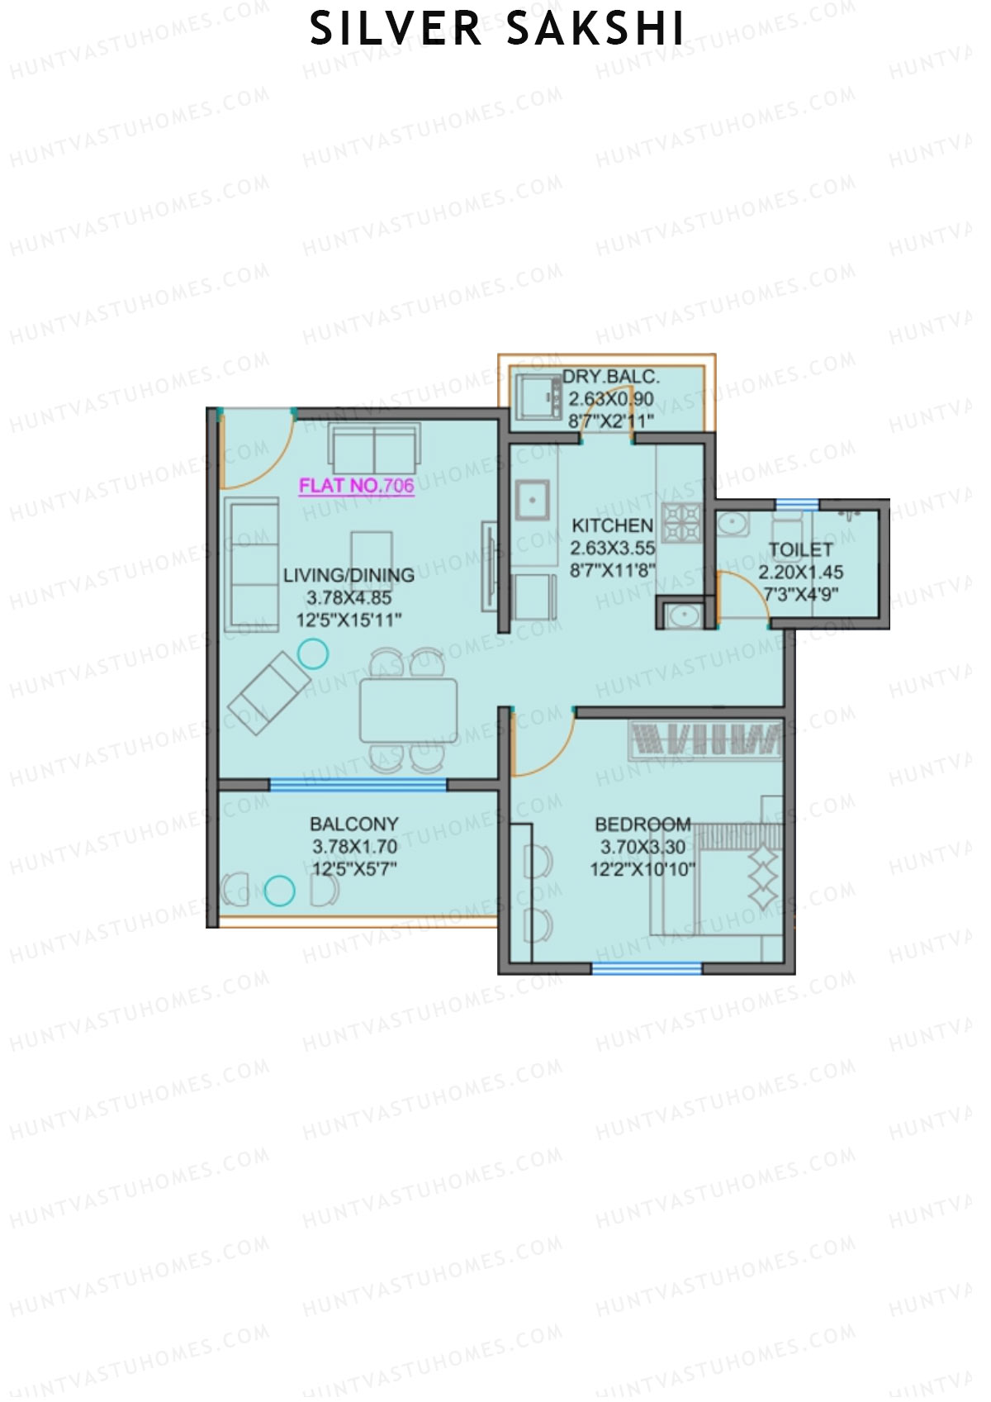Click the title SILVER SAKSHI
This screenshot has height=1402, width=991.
coord(496,29)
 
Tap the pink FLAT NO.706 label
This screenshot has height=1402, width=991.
coord(356,486)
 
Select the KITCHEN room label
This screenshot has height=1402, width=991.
coord(612,525)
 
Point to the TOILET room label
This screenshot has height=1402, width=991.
coord(800,549)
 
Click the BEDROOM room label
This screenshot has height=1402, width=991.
coord(642,825)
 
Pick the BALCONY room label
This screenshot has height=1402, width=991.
coord(353,824)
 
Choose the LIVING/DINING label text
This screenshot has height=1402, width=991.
coord(349,575)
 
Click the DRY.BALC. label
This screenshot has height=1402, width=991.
coord(610,378)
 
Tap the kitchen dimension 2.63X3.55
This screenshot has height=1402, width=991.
coord(612,548)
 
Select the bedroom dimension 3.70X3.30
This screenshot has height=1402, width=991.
coord(642,847)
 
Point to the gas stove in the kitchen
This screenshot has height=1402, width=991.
coord(683,521)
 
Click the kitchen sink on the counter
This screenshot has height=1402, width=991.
coord(532,500)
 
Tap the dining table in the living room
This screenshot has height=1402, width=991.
coord(408,710)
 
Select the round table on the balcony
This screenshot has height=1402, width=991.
coord(279,890)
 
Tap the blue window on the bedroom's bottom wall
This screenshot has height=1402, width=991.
coord(647,968)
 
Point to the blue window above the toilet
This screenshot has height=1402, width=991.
coord(797,504)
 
